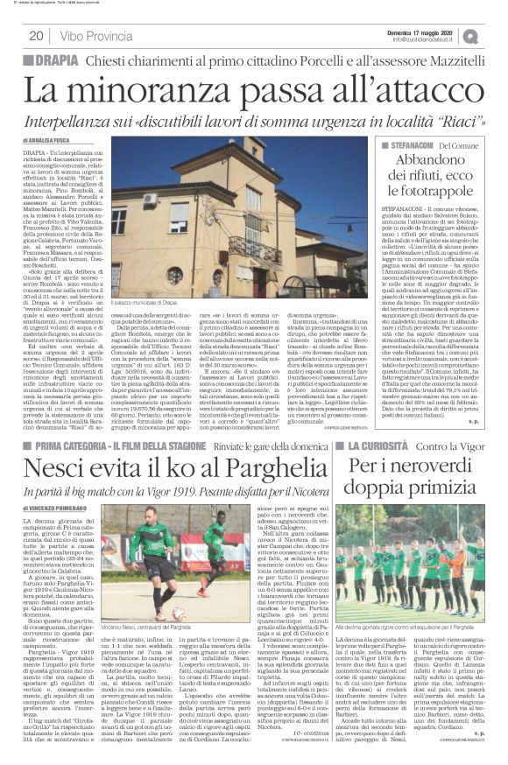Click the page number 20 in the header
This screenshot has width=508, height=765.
point(36,36)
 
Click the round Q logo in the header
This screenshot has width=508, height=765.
point(494,35)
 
